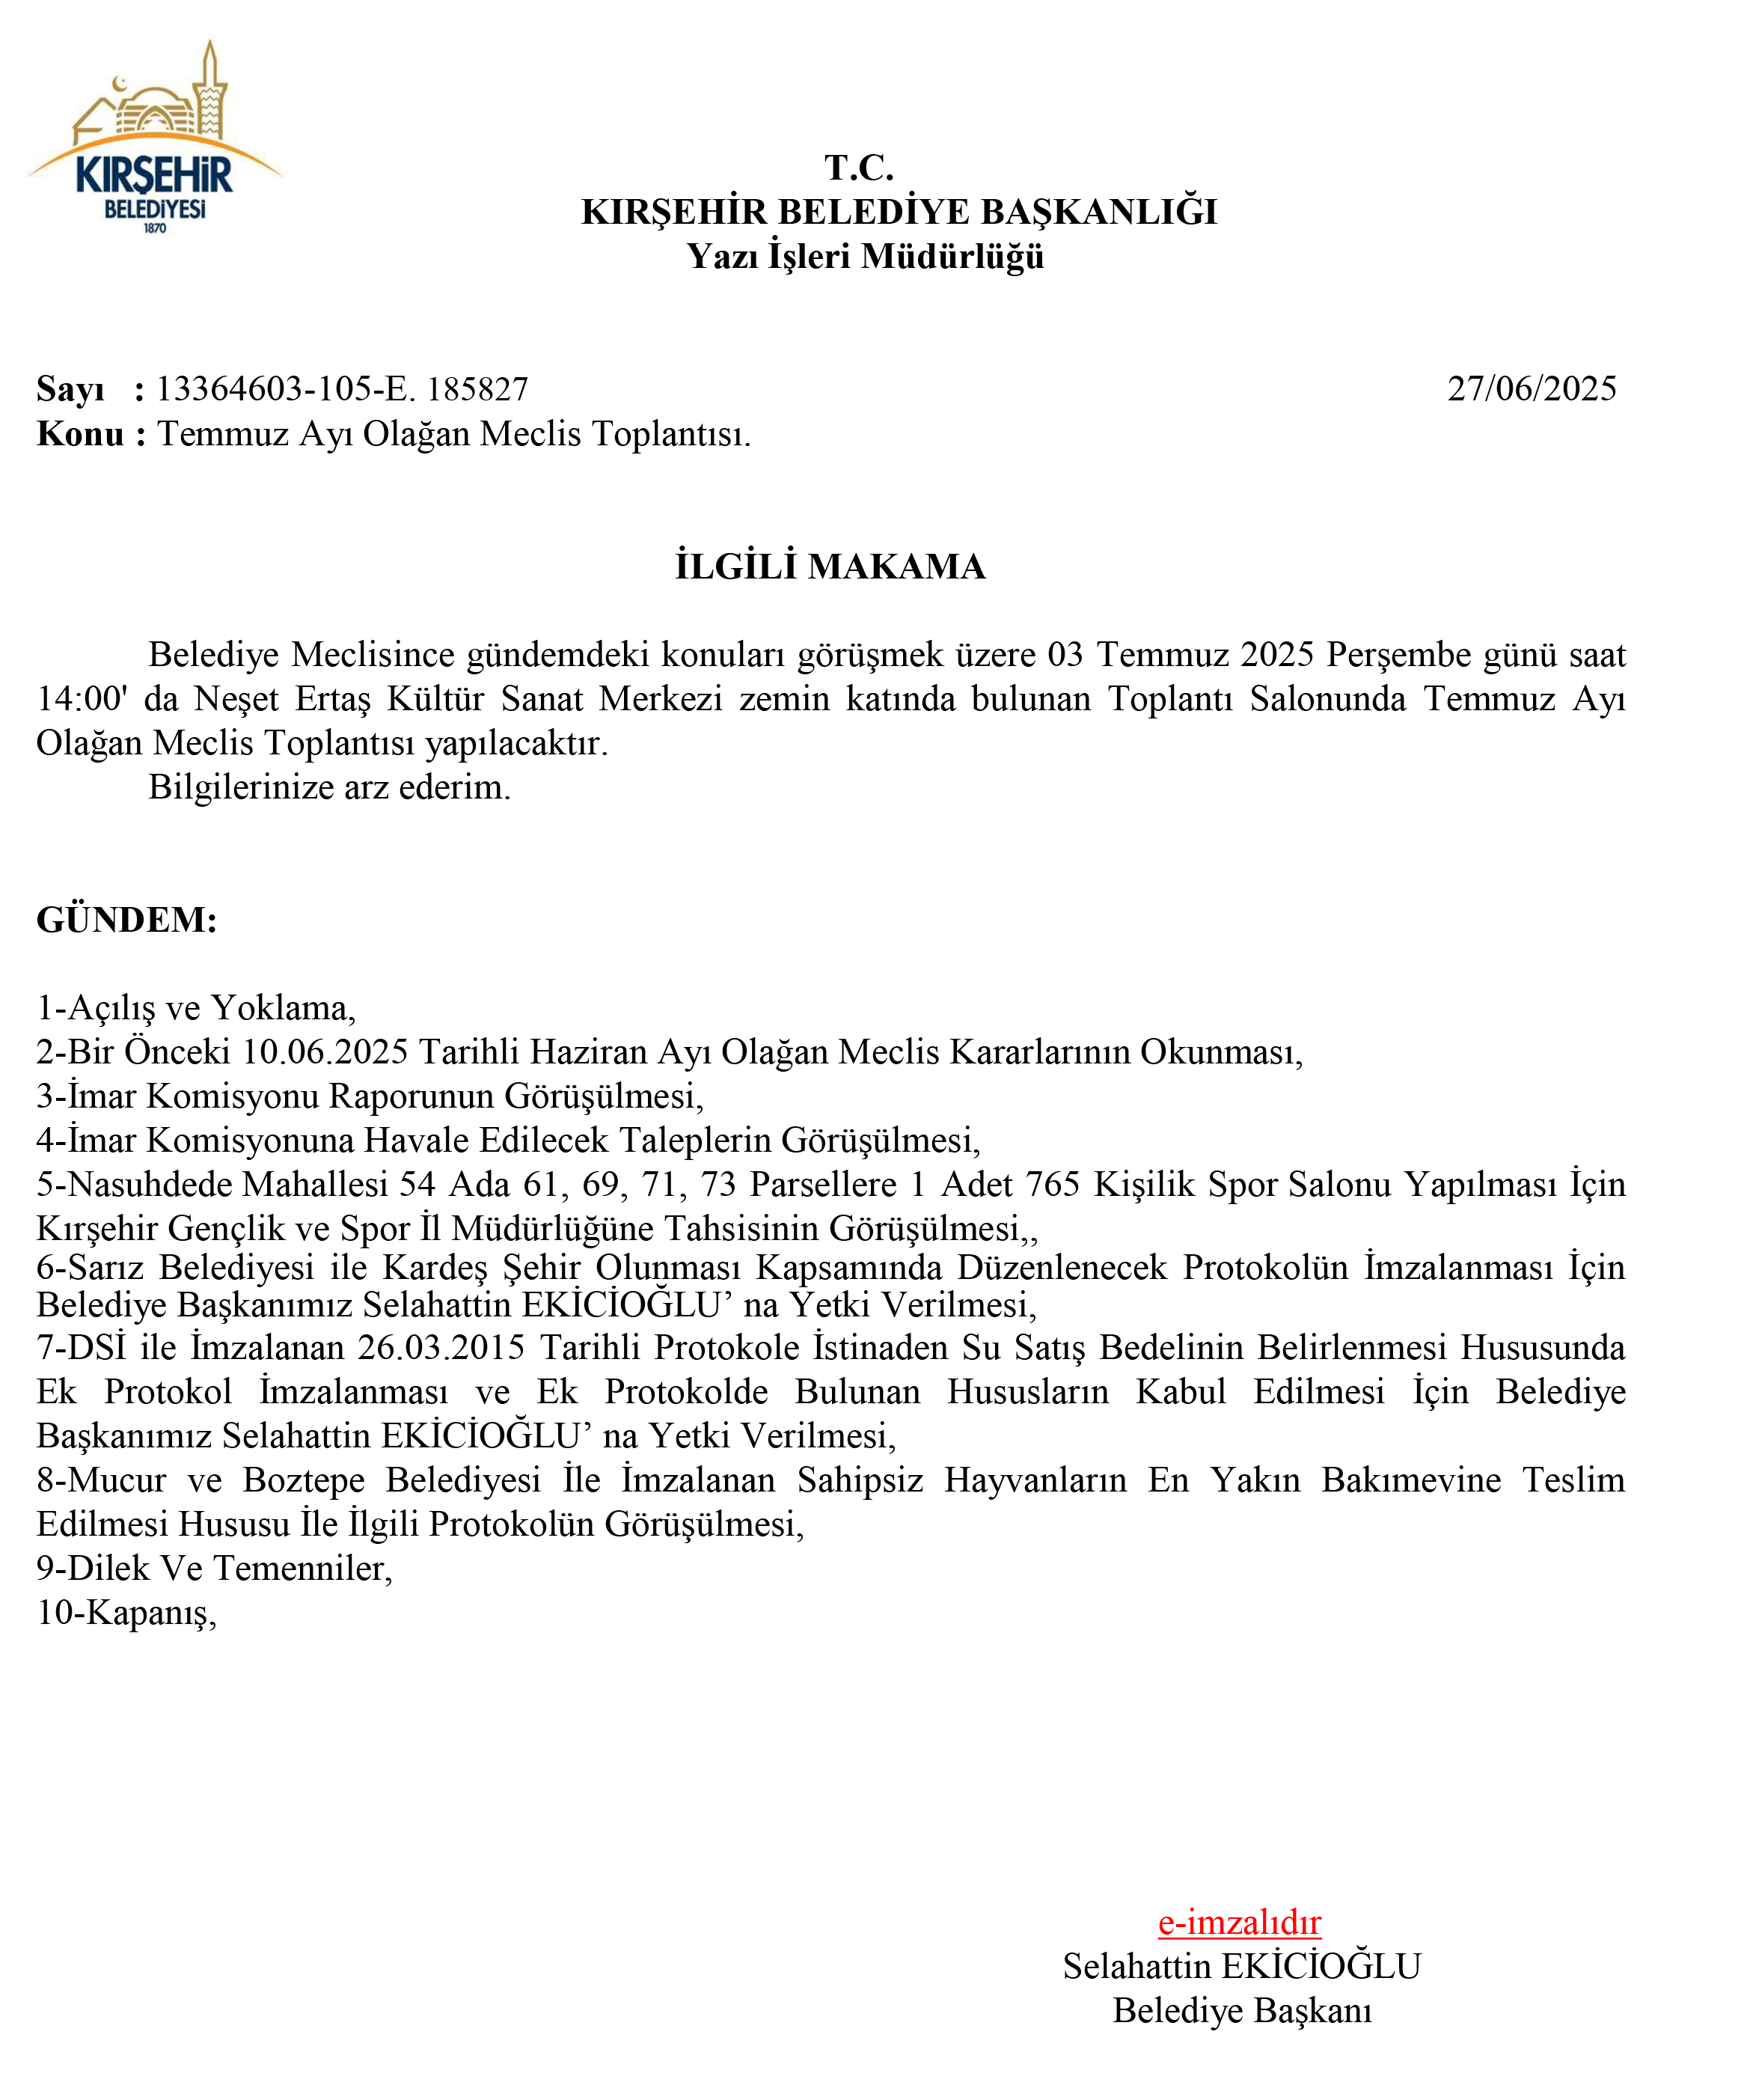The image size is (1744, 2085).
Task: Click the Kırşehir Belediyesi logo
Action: pos(155,139)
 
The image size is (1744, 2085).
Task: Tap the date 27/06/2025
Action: pos(1531,388)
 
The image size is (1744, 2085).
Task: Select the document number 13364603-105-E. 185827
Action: pos(343,388)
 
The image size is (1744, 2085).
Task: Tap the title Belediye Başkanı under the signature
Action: pos(1242,2010)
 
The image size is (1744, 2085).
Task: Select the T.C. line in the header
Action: pos(859,168)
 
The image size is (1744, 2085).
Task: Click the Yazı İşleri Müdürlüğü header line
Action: pos(865,256)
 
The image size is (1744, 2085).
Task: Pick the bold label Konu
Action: pos(79,434)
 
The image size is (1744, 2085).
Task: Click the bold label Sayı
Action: pos(70,388)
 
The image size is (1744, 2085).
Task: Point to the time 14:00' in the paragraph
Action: pos(82,699)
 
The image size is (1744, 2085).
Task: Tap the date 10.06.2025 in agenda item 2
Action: pos(325,1051)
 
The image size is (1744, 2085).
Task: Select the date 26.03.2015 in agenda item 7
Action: pos(441,1347)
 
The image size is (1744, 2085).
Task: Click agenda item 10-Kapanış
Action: pos(126,1613)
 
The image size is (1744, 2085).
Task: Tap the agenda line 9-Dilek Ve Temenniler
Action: pos(213,1569)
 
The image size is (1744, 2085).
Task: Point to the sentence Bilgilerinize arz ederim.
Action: pos(328,787)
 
